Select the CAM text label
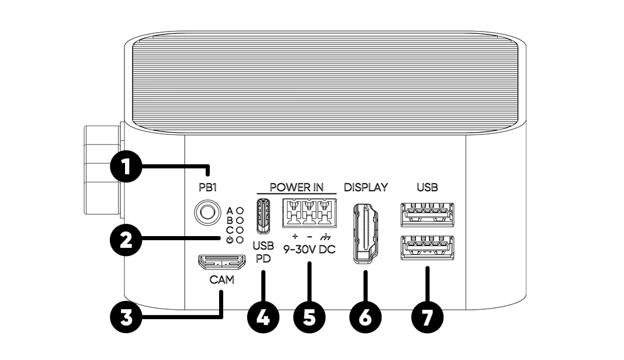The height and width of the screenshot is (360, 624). tap(221, 280)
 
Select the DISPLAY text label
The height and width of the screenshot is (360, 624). tap(366, 188)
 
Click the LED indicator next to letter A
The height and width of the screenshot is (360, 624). tap(240, 209)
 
